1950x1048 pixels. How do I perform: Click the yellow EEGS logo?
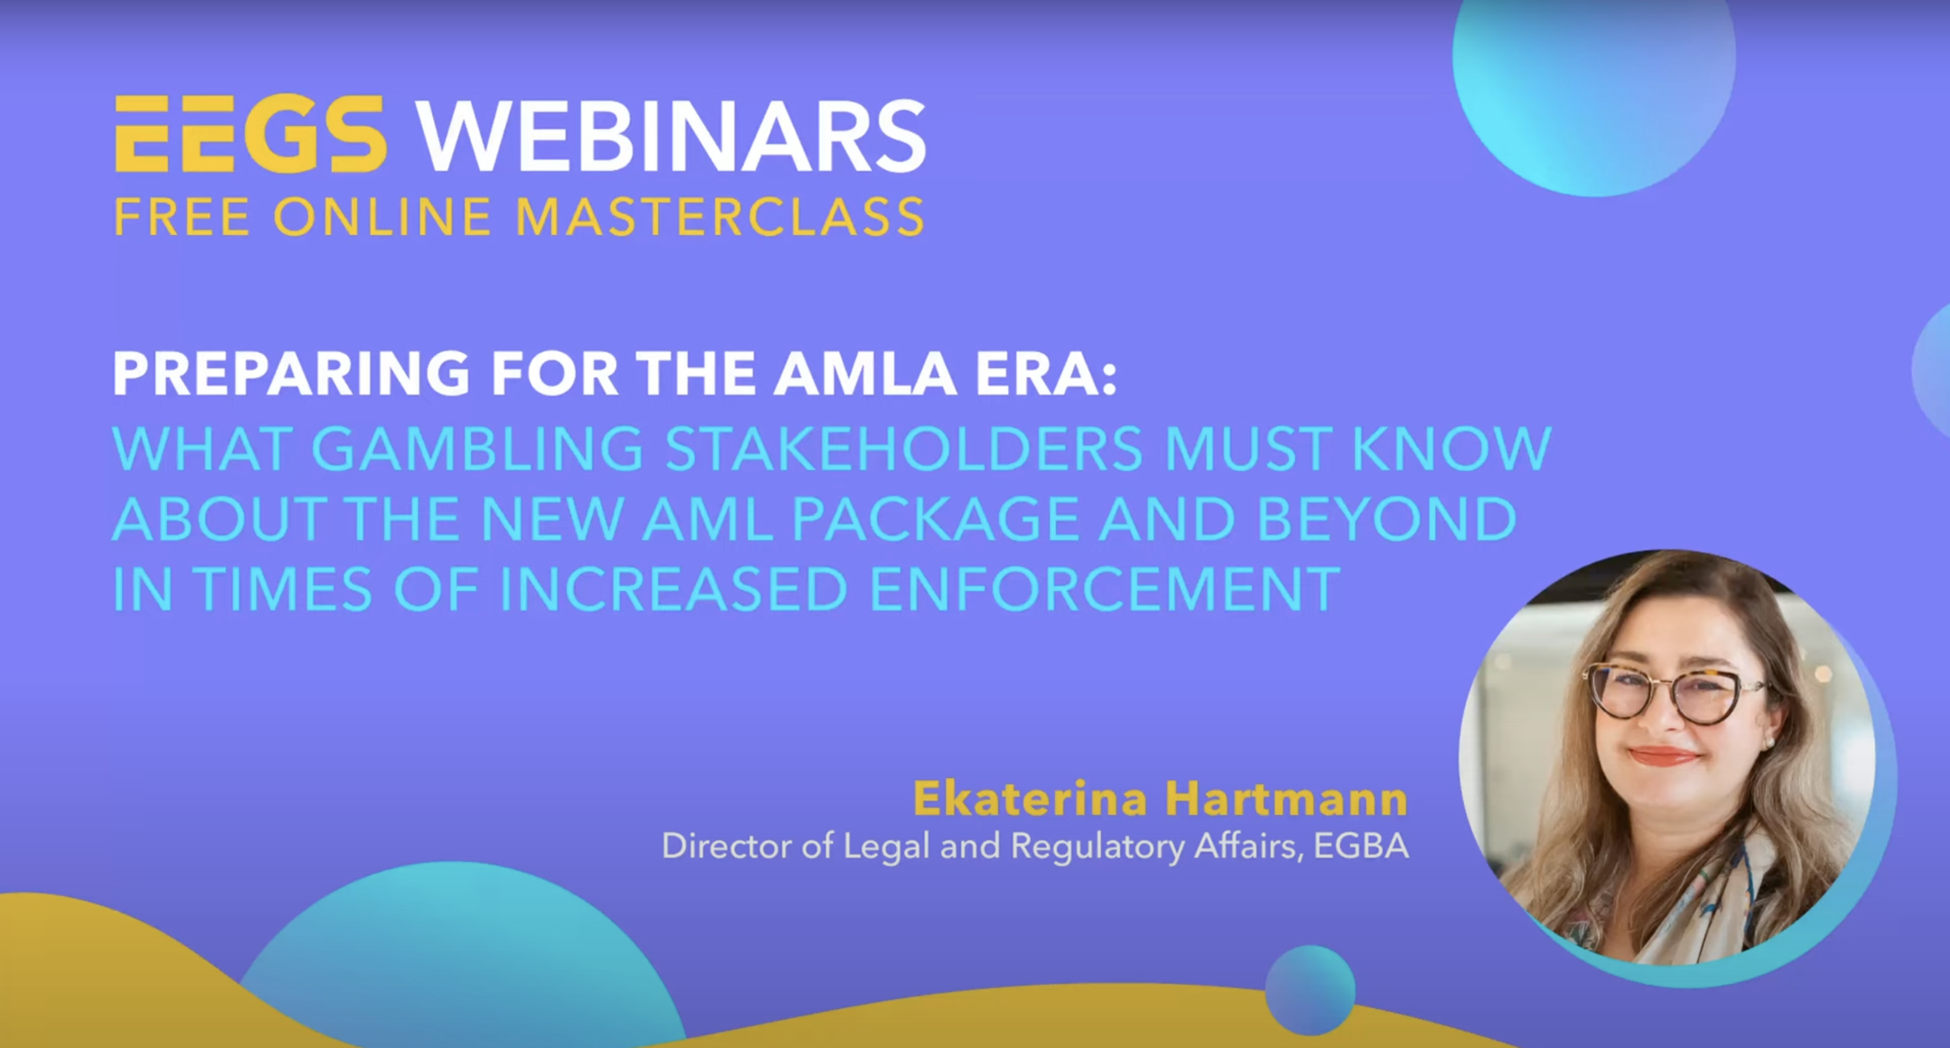250,134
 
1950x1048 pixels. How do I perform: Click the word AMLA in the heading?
864,373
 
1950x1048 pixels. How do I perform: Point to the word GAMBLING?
477,449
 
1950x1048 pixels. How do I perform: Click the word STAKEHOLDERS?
904,449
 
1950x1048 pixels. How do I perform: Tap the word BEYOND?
1387,519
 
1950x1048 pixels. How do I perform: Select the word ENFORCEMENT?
1105,590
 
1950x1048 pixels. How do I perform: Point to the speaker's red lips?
1663,756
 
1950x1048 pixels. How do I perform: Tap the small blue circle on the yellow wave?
1310,990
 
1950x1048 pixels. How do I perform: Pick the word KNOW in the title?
1452,449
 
